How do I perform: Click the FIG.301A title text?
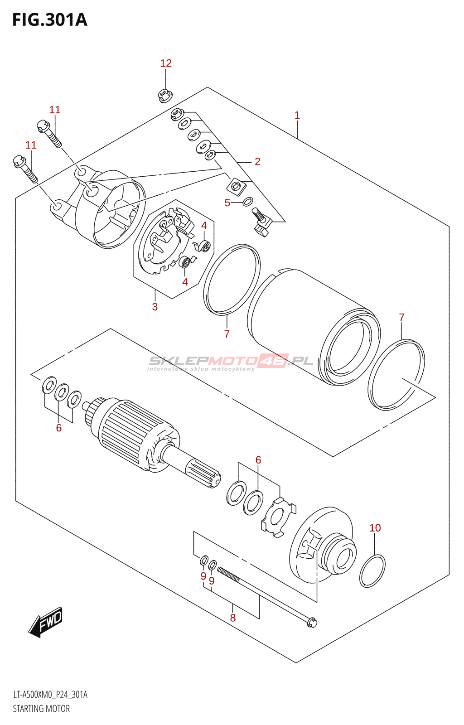[49, 19]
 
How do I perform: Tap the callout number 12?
[166, 63]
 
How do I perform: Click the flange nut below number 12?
[164, 95]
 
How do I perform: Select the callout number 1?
[297, 115]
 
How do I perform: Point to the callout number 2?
[257, 161]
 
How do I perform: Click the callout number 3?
[155, 307]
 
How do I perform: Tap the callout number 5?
[227, 203]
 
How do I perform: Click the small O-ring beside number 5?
[248, 201]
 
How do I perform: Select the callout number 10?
[375, 528]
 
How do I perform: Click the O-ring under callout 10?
[372, 571]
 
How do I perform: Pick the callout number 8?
[233, 618]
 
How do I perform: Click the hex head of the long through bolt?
[312, 623]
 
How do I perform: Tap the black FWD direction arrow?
[46, 622]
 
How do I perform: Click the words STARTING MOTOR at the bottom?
[41, 709]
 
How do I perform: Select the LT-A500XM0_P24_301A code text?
[50, 695]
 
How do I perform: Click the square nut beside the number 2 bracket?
[236, 186]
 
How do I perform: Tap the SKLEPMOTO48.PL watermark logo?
[231, 361]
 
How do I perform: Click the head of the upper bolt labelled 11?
[42, 124]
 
